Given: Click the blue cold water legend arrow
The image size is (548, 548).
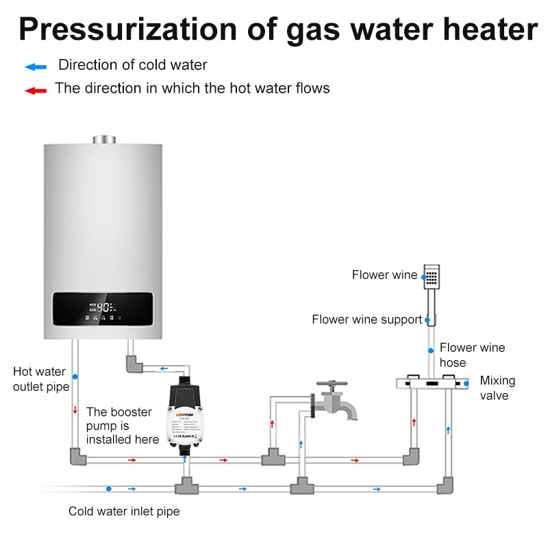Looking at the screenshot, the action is click(x=35, y=67).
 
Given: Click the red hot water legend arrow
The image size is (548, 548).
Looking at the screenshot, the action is click(x=35, y=90).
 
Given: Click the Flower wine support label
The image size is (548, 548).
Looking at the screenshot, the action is click(x=366, y=320).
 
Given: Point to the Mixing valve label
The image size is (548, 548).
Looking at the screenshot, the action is click(x=497, y=388).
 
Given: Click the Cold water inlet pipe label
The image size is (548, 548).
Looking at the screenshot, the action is click(x=124, y=512).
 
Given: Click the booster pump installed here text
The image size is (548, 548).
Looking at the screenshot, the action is click(x=122, y=425).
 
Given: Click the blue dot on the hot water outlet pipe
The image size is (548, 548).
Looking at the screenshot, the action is click(x=75, y=377).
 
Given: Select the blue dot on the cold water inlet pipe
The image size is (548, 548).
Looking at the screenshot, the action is click(x=108, y=489).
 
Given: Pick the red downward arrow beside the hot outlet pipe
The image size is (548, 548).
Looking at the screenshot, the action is click(x=75, y=410).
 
